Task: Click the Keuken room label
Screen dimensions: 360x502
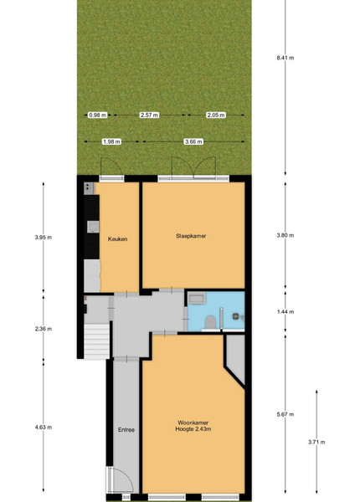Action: [x=117, y=238]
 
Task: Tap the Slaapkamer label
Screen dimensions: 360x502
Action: [x=191, y=236]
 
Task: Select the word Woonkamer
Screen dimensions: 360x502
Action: [x=193, y=423]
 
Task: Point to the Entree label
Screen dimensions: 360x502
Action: [x=126, y=430]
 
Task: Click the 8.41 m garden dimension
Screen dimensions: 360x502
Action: [x=285, y=58]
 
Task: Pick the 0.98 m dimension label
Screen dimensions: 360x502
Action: [x=98, y=115]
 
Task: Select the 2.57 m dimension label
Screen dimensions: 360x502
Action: [x=149, y=115]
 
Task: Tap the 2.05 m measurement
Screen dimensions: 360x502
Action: [x=216, y=115]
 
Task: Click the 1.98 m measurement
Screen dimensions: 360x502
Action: [x=112, y=141]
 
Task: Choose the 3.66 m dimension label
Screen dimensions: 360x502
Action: [x=193, y=141]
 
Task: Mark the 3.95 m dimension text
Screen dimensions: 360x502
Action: [x=44, y=238]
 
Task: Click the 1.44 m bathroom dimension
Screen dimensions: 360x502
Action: [x=285, y=311]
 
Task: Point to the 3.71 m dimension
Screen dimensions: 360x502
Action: [x=316, y=442]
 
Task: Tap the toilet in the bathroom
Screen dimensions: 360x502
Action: [x=210, y=322]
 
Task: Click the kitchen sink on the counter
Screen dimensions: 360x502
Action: [x=93, y=227]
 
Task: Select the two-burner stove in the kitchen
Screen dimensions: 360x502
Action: [x=89, y=188]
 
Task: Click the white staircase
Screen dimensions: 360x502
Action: [x=97, y=341]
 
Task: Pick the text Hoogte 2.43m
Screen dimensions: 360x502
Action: [x=193, y=429]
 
